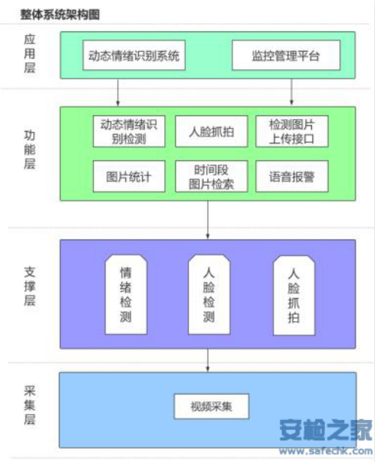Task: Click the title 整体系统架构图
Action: [60, 14]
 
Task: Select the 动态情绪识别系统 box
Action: [134, 55]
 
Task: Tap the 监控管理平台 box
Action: [286, 55]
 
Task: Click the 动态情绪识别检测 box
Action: [129, 131]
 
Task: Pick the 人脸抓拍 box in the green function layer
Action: [211, 131]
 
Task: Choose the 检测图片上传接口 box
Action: [292, 131]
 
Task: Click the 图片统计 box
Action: [129, 177]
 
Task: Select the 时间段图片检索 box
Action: [211, 177]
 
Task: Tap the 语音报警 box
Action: [292, 177]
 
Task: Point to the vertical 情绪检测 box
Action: [126, 294]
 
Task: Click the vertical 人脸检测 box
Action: [209, 294]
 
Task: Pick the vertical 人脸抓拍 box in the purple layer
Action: [294, 295]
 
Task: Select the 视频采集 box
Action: [211, 407]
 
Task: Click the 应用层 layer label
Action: [29, 54]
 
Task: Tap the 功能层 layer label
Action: [29, 150]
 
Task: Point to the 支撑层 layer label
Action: [29, 286]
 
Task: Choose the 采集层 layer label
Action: [29, 405]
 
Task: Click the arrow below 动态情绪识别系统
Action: [118, 92]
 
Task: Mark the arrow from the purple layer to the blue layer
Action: [208, 360]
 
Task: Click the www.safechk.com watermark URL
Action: [326, 451]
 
